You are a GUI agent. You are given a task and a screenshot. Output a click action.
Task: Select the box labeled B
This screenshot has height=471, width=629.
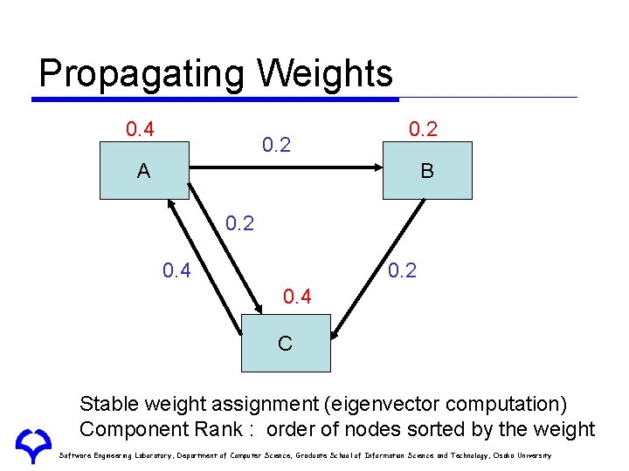(x=426, y=171)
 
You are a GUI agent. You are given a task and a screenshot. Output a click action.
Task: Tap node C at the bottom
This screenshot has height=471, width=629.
(x=285, y=343)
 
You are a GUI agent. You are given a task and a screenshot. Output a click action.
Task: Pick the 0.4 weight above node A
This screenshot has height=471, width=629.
(x=140, y=130)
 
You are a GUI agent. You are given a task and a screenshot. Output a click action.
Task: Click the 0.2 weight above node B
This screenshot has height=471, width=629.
(x=423, y=129)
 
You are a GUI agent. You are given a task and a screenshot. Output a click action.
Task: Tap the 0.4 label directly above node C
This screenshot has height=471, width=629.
(x=297, y=297)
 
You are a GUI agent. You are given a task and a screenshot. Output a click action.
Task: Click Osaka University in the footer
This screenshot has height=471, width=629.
(x=522, y=455)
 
